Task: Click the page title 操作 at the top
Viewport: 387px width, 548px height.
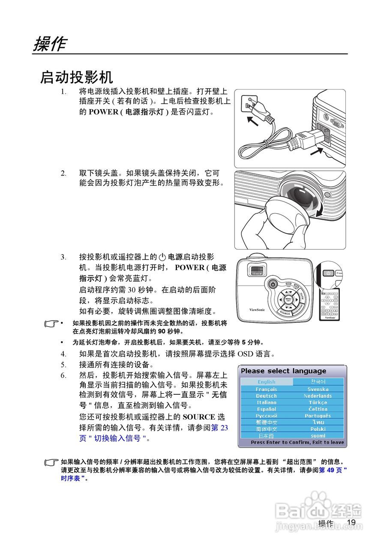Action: pyautogui.click(x=50, y=44)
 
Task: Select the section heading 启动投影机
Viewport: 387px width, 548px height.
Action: pyautogui.click(x=76, y=77)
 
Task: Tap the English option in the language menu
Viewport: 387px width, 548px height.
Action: pyautogui.click(x=266, y=382)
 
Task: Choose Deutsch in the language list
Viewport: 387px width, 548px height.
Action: pyautogui.click(x=266, y=396)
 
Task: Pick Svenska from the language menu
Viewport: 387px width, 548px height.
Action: pyautogui.click(x=318, y=389)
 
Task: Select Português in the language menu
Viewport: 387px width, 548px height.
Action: pyautogui.click(x=318, y=416)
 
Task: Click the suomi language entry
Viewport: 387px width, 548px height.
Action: pyautogui.click(x=318, y=436)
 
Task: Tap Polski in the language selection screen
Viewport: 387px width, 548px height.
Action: pyautogui.click(x=318, y=429)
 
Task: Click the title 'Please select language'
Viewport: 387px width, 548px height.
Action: pyautogui.click(x=283, y=371)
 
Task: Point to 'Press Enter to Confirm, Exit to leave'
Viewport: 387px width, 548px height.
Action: pyautogui.click(x=297, y=442)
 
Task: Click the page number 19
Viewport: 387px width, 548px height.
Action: pyautogui.click(x=351, y=522)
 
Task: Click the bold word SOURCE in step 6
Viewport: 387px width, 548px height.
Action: pyautogui.click(x=199, y=417)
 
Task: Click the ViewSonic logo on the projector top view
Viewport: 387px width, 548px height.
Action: pyautogui.click(x=257, y=310)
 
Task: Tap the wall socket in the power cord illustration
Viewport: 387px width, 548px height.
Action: pyautogui.click(x=249, y=103)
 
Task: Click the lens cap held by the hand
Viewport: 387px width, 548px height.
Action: pyautogui.click(x=283, y=214)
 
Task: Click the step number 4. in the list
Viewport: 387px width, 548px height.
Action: pyautogui.click(x=63, y=354)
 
